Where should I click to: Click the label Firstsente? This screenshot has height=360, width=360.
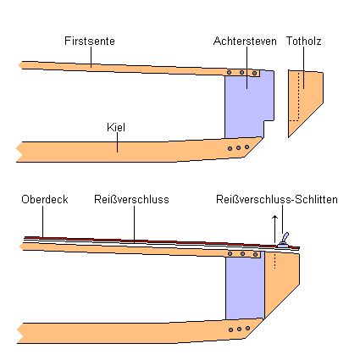click(90, 41)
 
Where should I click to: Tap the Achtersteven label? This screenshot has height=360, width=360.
click(245, 41)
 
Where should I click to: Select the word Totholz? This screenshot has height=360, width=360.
click(304, 41)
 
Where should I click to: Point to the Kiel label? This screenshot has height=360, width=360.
click(116, 127)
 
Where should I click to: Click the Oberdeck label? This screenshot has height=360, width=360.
click(45, 199)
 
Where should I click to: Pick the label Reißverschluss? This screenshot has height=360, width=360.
click(131, 199)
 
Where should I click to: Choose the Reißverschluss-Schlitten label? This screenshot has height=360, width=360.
click(277, 199)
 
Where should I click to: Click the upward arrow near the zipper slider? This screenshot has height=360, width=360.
click(274, 229)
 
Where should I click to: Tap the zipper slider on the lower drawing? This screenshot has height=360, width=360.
click(284, 241)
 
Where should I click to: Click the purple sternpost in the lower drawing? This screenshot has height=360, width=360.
click(245, 286)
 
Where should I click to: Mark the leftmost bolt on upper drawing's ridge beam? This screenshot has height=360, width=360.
click(229, 73)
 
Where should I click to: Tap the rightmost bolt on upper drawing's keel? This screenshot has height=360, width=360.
click(246, 147)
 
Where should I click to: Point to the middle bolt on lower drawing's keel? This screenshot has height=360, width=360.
click(239, 329)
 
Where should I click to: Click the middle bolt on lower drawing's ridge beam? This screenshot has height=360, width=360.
click(242, 254)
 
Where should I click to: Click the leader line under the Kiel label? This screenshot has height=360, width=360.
click(117, 142)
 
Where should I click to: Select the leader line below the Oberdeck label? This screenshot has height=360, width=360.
click(43, 221)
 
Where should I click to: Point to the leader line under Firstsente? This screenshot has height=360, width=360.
click(91, 57)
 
